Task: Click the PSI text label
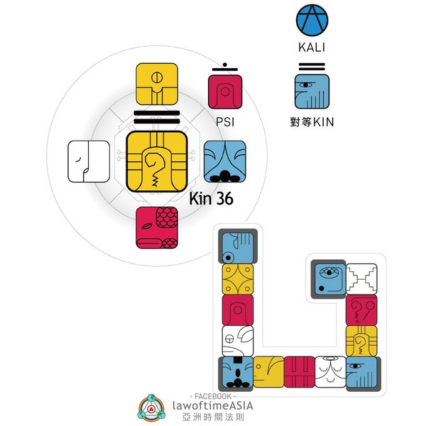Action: point(225,122)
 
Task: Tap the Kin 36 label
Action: point(211,200)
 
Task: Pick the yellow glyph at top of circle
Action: point(157,84)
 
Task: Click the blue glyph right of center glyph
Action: point(225,161)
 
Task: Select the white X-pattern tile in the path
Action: point(361,279)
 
